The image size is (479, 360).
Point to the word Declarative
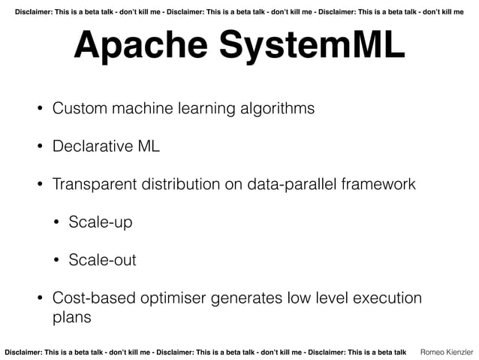pos(91,146)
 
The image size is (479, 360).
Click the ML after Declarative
pos(148,146)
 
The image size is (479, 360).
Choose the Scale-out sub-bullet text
pos(102,261)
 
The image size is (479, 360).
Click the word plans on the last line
pos(71,317)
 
